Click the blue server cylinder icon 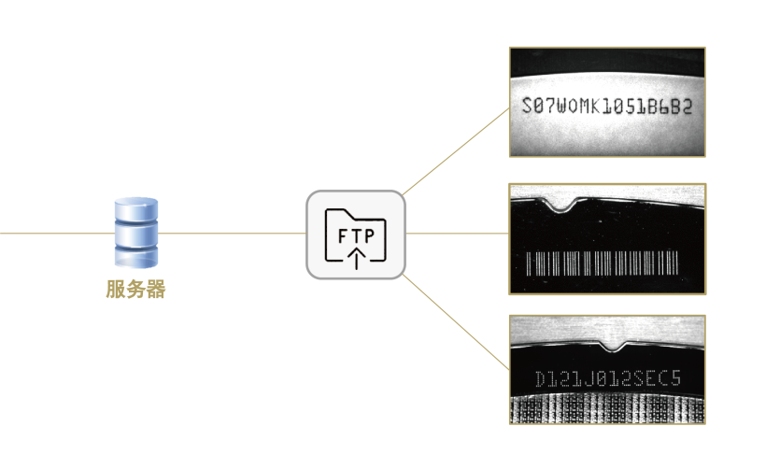point(135,233)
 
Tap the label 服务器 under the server point(135,290)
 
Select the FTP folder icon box point(356,234)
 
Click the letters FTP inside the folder point(356,236)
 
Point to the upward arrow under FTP point(357,258)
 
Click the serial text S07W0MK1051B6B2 point(607,106)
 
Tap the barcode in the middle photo point(602,263)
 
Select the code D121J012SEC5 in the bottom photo point(608,378)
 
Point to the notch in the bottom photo point(614,346)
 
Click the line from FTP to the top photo point(456,152)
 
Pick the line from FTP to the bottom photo point(456,321)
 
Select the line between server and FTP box point(232,233)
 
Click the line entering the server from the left point(57,233)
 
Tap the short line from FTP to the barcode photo point(457,233)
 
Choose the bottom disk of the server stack point(136,257)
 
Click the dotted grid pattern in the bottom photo point(607,409)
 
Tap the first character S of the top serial point(527,106)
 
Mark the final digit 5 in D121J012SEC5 point(675,377)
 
